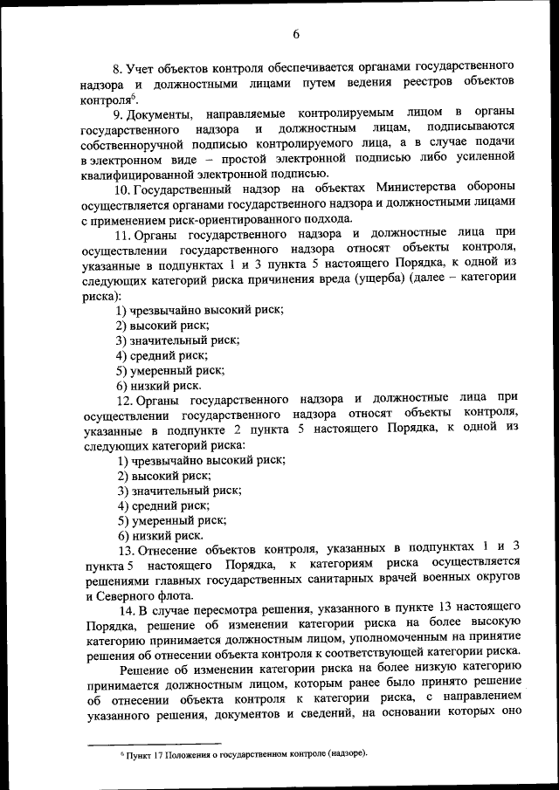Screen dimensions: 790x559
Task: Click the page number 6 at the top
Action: [x=296, y=34]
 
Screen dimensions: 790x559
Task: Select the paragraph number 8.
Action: [x=117, y=66]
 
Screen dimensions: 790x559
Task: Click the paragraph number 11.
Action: [x=122, y=236]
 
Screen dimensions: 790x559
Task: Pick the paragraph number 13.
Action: [x=123, y=550]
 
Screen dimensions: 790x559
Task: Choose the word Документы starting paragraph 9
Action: [x=161, y=113]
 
